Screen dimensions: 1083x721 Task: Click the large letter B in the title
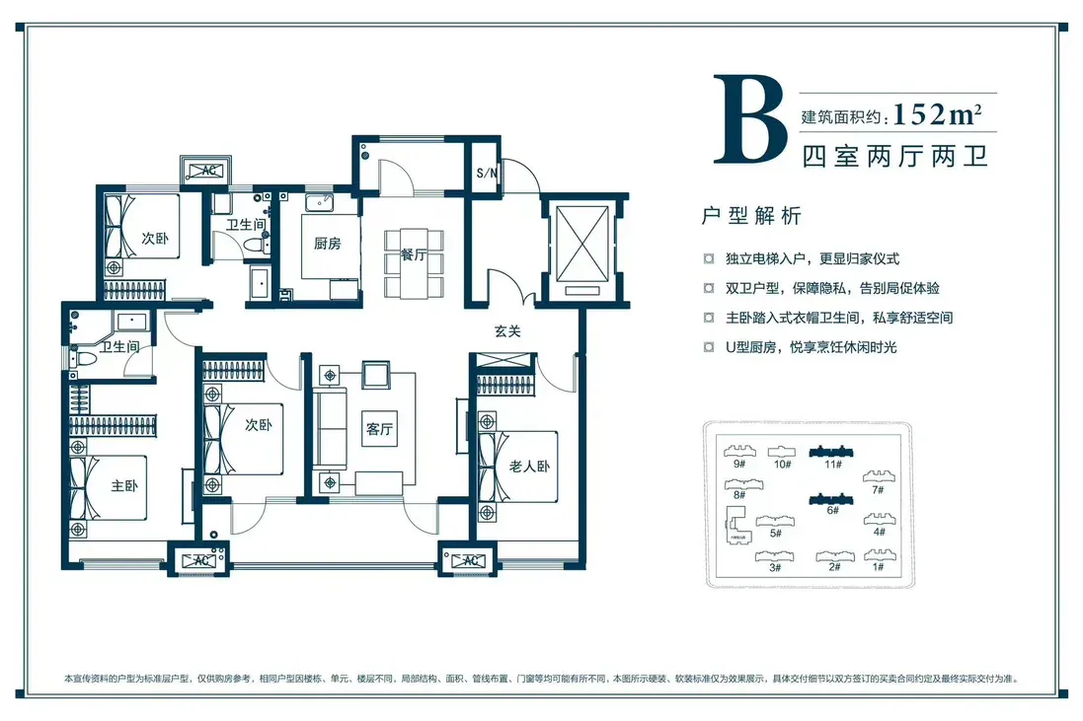tap(749, 120)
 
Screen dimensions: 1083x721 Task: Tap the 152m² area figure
tap(937, 113)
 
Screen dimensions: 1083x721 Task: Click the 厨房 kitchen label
tap(328, 244)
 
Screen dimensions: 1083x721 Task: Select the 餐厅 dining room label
tap(414, 254)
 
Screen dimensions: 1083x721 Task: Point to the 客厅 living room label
tap(379, 428)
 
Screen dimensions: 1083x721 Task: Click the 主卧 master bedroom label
tap(124, 485)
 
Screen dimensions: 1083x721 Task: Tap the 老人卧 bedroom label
tap(530, 467)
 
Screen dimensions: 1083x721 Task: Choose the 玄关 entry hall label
tap(507, 331)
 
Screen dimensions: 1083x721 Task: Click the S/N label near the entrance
tap(487, 173)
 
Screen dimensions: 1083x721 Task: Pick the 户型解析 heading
tap(750, 216)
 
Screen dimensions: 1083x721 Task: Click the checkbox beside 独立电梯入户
tap(709, 258)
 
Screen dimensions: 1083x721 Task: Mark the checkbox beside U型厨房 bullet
tap(709, 347)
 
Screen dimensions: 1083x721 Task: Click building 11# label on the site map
tap(833, 465)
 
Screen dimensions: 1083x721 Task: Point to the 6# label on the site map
tap(832, 511)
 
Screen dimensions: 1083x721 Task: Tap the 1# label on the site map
tap(878, 567)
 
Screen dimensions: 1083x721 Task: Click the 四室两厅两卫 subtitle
tap(895, 157)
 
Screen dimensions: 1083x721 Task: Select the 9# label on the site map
tap(739, 465)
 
